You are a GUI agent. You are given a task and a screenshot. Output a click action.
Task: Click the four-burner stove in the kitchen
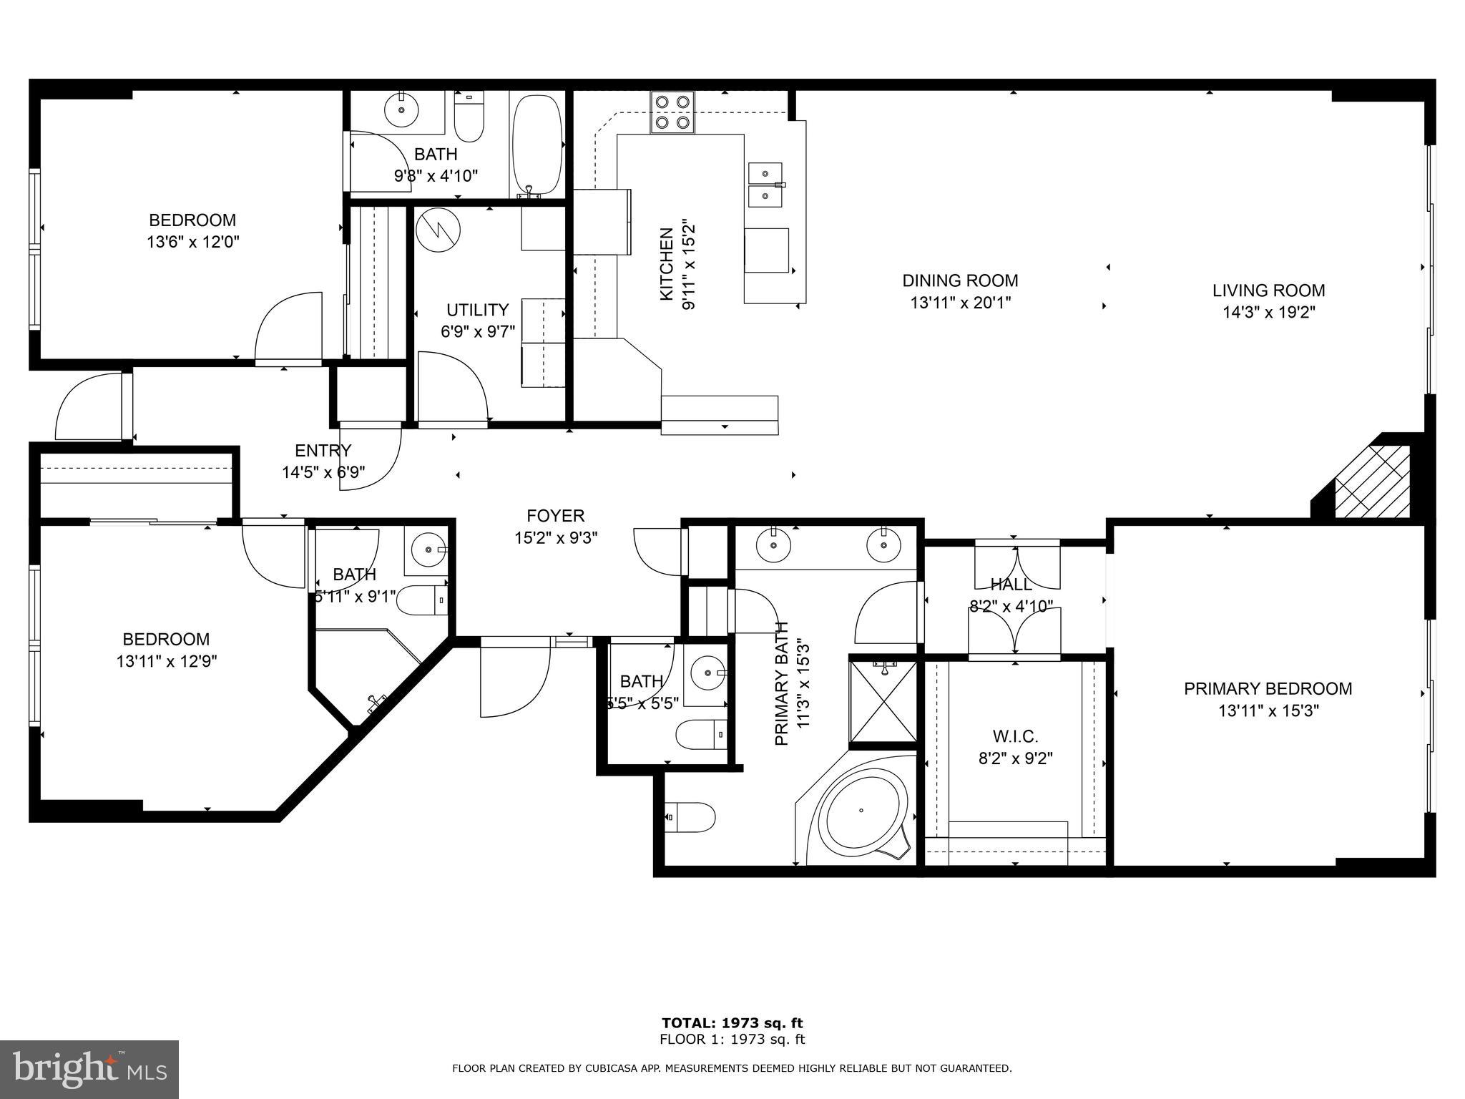tap(672, 112)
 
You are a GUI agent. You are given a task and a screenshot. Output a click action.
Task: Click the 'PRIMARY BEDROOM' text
tap(1268, 689)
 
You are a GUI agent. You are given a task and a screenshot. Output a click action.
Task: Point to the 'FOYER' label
tap(556, 516)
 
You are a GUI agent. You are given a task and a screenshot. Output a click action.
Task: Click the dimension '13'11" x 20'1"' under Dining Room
tap(960, 303)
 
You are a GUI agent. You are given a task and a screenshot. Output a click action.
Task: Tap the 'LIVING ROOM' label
tap(1269, 290)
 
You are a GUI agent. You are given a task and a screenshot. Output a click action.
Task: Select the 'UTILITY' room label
tap(477, 310)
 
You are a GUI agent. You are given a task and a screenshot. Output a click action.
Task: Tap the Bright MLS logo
tap(89, 1070)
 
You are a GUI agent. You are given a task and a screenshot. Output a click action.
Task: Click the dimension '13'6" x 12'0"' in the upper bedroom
tap(192, 242)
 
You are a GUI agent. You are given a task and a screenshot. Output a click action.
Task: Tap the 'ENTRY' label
tap(323, 451)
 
